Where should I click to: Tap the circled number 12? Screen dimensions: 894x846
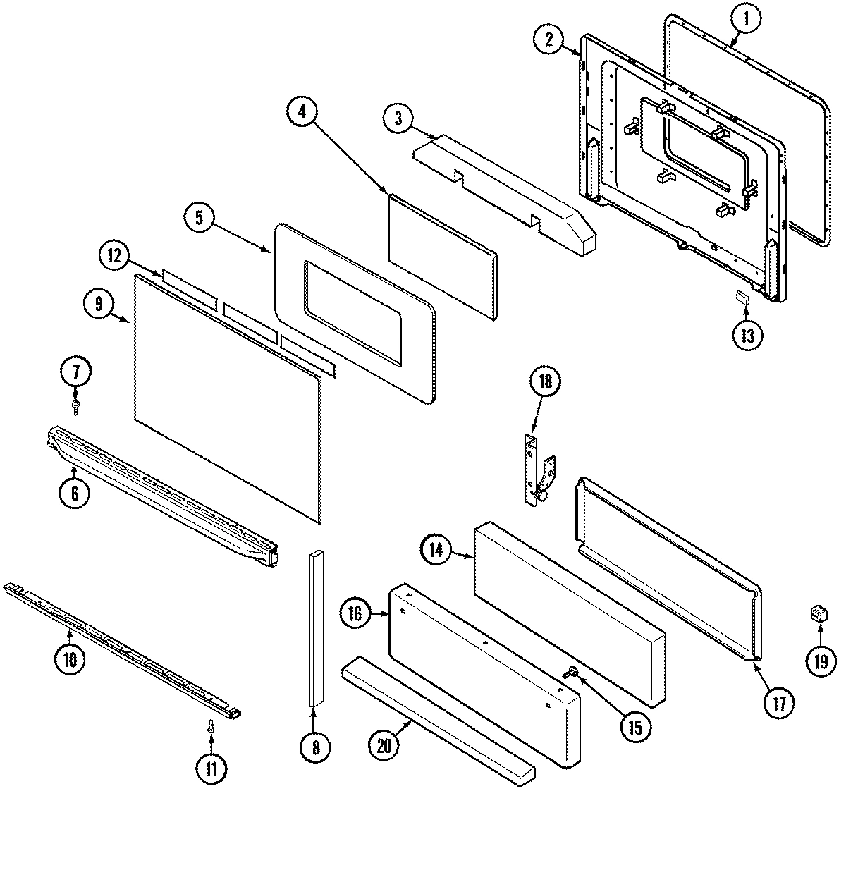pos(114,256)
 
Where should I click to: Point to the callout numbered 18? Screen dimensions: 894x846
pos(545,383)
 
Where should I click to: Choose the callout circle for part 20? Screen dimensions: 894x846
pos(385,747)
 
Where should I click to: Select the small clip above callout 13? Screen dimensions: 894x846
pos(742,297)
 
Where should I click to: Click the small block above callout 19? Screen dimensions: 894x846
pos(818,612)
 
